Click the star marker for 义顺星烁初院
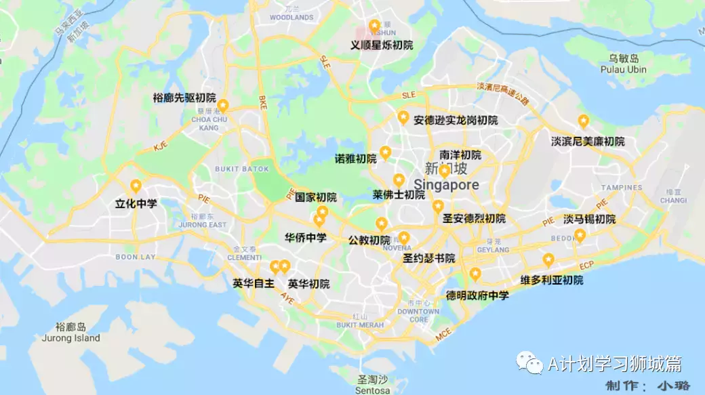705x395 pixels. (374, 26)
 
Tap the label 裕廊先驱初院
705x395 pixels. (184, 98)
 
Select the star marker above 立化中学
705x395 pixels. (136, 185)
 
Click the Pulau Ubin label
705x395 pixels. (624, 69)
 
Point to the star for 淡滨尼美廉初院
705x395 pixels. (583, 121)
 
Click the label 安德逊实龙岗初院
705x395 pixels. (456, 121)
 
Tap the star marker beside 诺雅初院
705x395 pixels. (385, 152)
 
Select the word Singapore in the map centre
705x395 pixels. (446, 185)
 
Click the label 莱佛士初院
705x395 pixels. (399, 195)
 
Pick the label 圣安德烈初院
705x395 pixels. (474, 219)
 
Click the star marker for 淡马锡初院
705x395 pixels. (580, 235)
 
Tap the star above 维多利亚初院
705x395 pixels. (548, 259)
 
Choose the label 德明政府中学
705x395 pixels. (477, 295)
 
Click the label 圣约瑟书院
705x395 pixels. (428, 259)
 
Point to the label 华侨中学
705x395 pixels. (305, 238)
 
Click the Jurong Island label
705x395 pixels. (70, 338)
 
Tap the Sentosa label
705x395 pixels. (373, 390)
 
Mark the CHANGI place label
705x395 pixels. (673, 201)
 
